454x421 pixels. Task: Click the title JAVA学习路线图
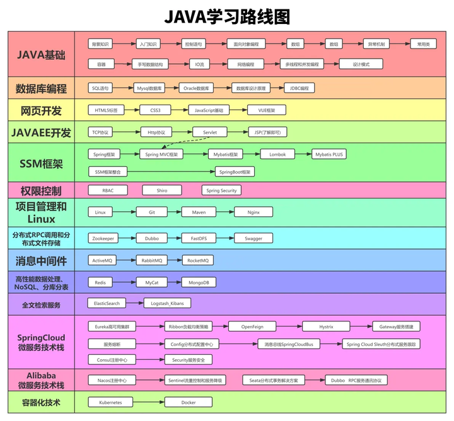pyautogui.click(x=227, y=15)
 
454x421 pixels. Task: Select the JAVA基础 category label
pyautogui.click(x=41, y=54)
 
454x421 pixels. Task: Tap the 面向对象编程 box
pyautogui.click(x=246, y=45)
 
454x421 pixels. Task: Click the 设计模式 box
pyautogui.click(x=361, y=64)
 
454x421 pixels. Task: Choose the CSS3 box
pyautogui.click(x=155, y=110)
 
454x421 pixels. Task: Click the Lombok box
pyautogui.click(x=277, y=154)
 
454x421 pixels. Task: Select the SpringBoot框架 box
pyautogui.click(x=235, y=171)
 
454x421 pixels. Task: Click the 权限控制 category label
pyautogui.click(x=41, y=190)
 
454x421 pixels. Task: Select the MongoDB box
pyautogui.click(x=199, y=283)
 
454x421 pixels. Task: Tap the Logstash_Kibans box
pyautogui.click(x=167, y=303)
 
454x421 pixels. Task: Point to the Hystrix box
pyautogui.click(x=325, y=326)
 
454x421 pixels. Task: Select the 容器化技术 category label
pyautogui.click(x=41, y=401)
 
